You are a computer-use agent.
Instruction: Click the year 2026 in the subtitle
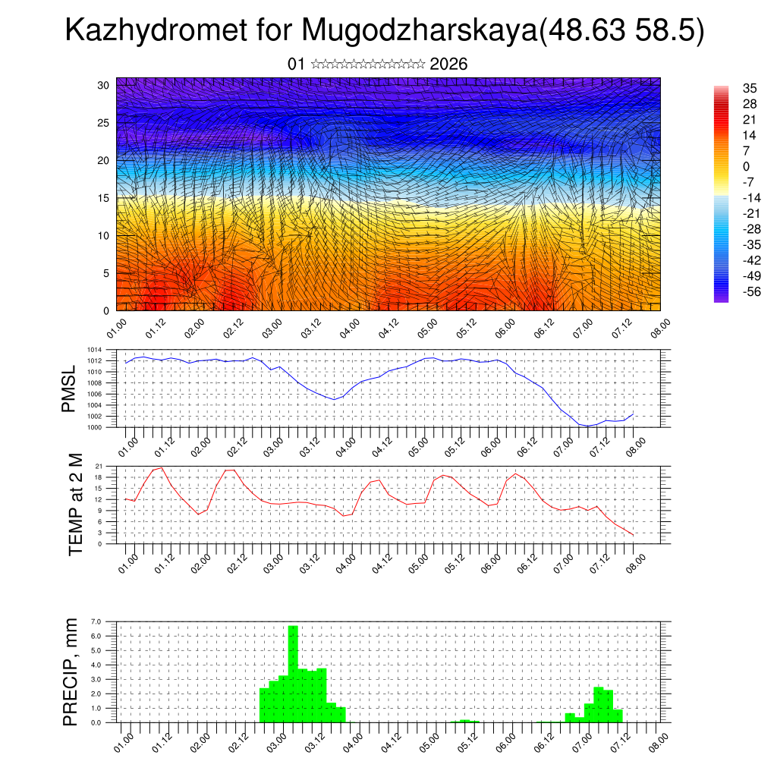448,64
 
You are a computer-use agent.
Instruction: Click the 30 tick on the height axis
104,85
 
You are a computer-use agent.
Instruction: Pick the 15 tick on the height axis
104,198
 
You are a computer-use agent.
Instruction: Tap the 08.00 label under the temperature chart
635,562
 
